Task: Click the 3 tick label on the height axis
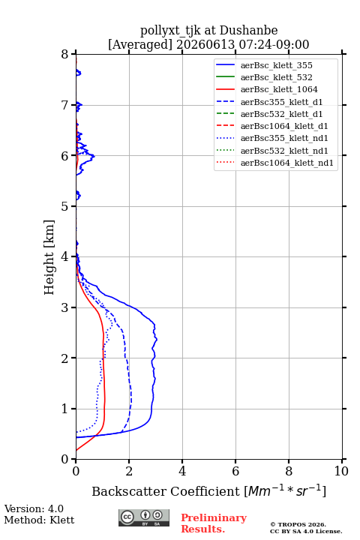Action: click(65, 307)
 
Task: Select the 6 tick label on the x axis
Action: click(235, 471)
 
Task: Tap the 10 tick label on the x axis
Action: click(341, 471)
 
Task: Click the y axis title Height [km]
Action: click(49, 257)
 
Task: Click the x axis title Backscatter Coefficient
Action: click(166, 491)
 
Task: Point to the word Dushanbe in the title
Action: click(249, 31)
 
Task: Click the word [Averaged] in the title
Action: click(140, 45)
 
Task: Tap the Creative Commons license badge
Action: click(144, 517)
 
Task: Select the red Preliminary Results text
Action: click(214, 523)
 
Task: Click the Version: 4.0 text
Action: click(34, 508)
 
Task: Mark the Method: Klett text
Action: click(39, 520)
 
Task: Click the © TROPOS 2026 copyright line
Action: click(298, 524)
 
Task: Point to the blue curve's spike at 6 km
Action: click(94, 156)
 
